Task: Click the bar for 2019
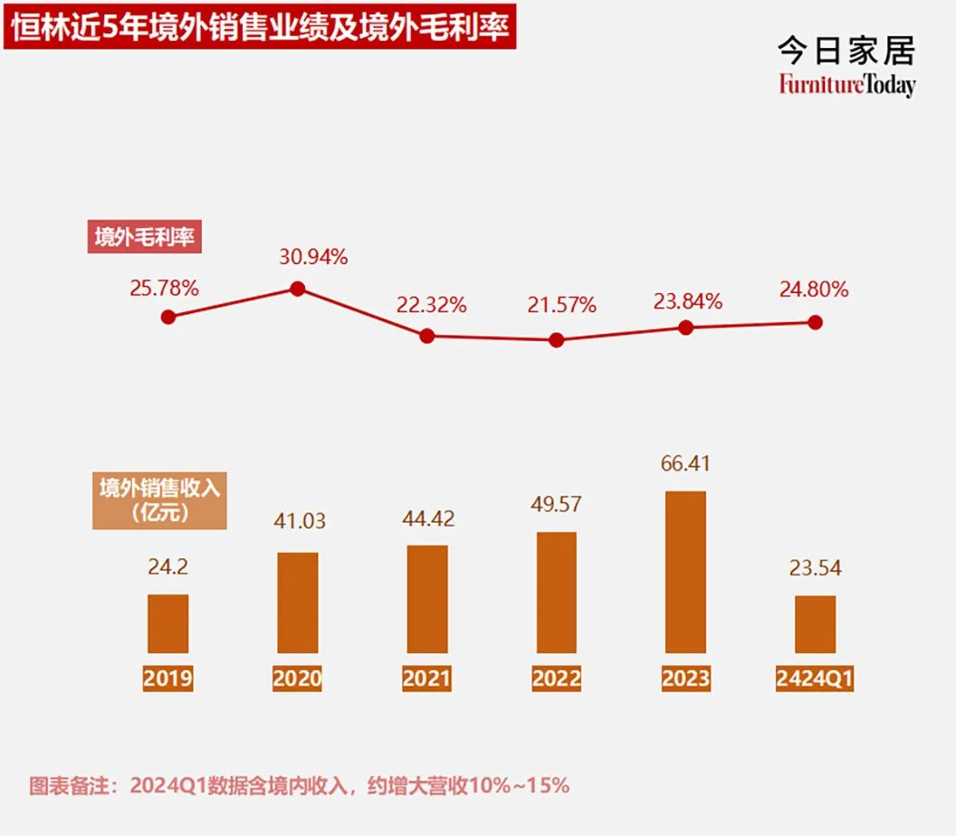click(x=168, y=623)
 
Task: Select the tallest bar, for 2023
click(x=685, y=572)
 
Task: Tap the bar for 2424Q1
click(x=815, y=624)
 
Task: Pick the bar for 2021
click(x=427, y=599)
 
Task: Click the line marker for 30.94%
click(x=297, y=290)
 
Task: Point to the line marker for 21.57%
click(x=557, y=340)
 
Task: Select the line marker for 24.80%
click(x=815, y=322)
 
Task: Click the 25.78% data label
click(x=164, y=290)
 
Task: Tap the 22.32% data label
click(x=431, y=306)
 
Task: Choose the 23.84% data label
click(x=687, y=301)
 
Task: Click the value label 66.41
click(x=685, y=464)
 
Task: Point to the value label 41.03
click(x=296, y=522)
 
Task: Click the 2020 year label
click(x=297, y=679)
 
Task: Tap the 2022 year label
click(x=557, y=679)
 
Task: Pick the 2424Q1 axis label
click(x=815, y=679)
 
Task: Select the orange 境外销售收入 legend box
click(x=159, y=499)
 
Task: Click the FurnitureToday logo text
click(x=846, y=85)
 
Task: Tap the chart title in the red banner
click(x=261, y=27)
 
